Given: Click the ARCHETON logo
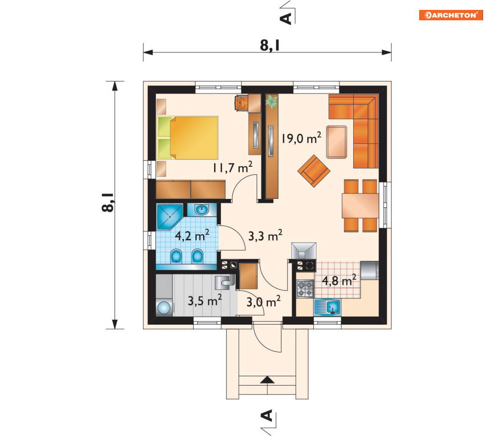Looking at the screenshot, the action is pyautogui.click(x=451, y=15).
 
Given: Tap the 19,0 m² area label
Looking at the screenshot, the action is pyautogui.click(x=301, y=138).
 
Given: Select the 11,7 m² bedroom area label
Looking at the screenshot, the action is pyautogui.click(x=232, y=167).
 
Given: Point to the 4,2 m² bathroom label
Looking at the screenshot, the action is pyautogui.click(x=192, y=235).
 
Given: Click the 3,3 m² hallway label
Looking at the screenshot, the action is pyautogui.click(x=265, y=235).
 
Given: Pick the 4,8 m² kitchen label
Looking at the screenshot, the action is pyautogui.click(x=339, y=280).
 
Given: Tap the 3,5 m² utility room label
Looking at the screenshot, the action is pyautogui.click(x=205, y=300).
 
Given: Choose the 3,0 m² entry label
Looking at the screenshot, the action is pyautogui.click(x=263, y=302).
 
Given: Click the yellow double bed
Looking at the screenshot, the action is pyautogui.click(x=188, y=138).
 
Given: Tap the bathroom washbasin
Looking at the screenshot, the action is pyautogui.click(x=202, y=209).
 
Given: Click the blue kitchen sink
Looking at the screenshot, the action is pyautogui.click(x=327, y=307).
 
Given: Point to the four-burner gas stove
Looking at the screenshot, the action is pyautogui.click(x=305, y=289).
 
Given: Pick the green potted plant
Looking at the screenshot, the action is pyautogui.click(x=272, y=101).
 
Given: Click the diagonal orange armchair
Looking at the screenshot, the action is pyautogui.click(x=314, y=171).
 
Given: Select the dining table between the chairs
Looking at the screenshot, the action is pyautogui.click(x=360, y=206).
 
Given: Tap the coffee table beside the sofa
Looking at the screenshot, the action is pyautogui.click(x=337, y=142).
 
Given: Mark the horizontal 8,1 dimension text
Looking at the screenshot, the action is pyautogui.click(x=270, y=45).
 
